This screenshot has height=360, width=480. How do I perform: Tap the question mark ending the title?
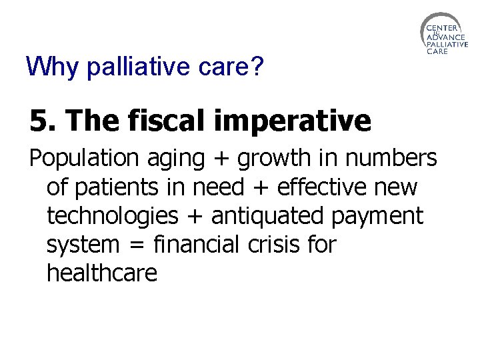(257, 66)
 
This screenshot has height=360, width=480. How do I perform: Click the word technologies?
(113, 217)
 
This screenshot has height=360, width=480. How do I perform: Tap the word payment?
(387, 217)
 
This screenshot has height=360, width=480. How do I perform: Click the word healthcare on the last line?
(102, 273)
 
